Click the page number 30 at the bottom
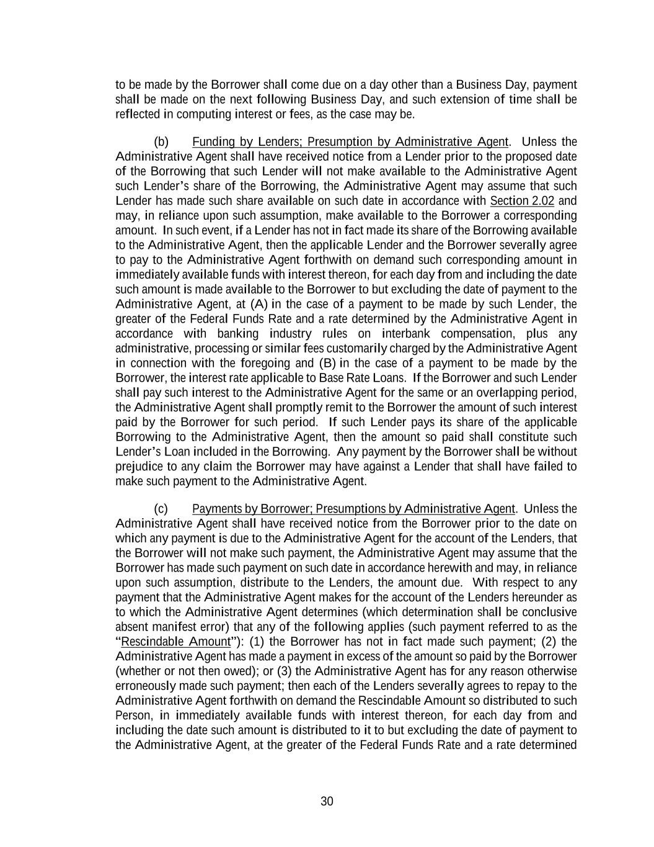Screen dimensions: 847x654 pos(327,801)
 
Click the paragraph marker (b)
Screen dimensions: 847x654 pos(161,142)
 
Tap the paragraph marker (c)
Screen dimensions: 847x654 pos(161,509)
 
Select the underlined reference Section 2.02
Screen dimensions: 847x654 pos(522,201)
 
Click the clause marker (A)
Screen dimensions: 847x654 pos(259,304)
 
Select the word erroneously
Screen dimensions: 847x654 pos(146,686)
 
